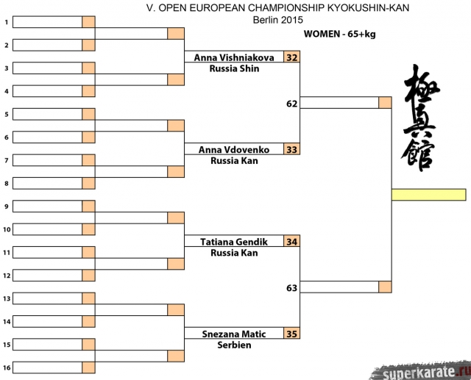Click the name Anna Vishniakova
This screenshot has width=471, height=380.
pos(234,57)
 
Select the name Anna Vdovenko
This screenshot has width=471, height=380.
pos(234,150)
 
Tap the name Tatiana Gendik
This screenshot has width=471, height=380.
pos(234,242)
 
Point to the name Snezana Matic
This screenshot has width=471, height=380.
pos(234,334)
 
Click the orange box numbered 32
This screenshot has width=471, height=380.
pos(292,57)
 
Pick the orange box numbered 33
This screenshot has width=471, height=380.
pos(292,150)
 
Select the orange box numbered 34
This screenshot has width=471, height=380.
pos(292,242)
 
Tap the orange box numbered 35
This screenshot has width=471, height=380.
pos(292,334)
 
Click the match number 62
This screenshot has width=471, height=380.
pos(292,104)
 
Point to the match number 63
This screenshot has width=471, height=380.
pos(292,288)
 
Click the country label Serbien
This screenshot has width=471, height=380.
pos(234,345)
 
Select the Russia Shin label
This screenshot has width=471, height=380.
pos(234,68)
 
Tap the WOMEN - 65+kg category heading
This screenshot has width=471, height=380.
pos(339,34)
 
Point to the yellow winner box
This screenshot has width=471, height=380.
pos(428,195)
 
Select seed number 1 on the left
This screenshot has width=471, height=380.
pos(6,23)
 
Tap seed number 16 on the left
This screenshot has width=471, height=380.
pos(6,368)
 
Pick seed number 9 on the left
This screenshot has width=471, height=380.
pos(6,207)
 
